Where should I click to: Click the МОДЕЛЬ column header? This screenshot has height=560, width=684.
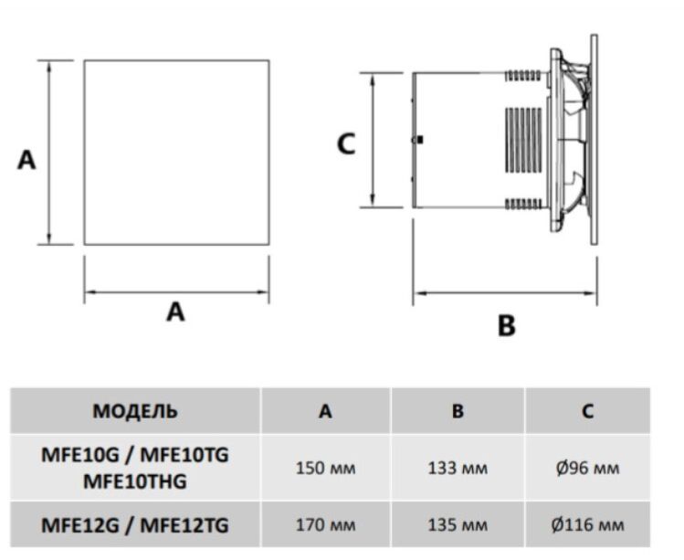135,411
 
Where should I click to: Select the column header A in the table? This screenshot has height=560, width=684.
325,411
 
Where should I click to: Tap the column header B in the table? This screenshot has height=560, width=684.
458,411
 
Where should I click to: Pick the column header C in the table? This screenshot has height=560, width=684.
587,411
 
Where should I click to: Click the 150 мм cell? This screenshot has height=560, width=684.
325,469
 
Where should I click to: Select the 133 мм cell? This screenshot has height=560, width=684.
458,469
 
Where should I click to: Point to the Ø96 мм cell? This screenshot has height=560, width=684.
587,469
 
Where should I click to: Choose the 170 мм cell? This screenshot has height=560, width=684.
325,525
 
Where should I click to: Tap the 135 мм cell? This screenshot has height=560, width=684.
458,525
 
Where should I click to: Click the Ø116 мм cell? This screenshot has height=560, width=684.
587,525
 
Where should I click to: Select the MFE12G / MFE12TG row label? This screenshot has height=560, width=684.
135,525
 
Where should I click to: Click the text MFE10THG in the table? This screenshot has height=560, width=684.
135,481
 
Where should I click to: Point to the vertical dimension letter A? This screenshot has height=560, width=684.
27,161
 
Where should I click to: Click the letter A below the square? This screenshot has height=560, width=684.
175,312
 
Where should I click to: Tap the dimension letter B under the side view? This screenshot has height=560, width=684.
507,324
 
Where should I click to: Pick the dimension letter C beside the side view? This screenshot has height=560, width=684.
346,143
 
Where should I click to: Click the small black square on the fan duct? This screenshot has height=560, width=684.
418,140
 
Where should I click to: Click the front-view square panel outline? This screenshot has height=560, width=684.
176,153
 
